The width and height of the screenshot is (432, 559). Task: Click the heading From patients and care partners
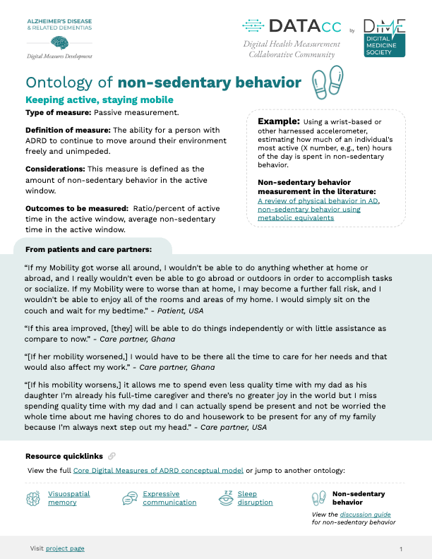point(88,249)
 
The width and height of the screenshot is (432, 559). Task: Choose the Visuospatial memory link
point(68,498)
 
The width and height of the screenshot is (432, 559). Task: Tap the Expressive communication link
point(169,498)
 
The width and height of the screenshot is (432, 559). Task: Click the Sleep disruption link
point(255,498)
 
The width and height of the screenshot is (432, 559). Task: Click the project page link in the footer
point(65,548)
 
